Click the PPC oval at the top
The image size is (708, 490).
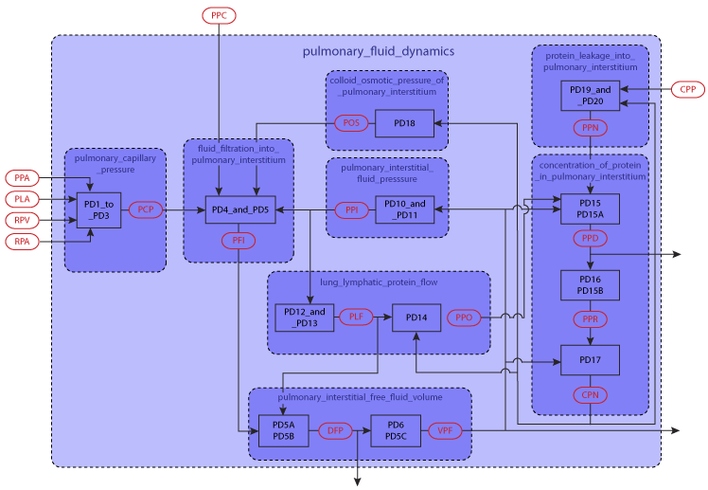pyautogui.click(x=219, y=15)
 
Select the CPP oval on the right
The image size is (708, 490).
pyautogui.click(x=687, y=90)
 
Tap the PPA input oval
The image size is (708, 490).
pyautogui.click(x=22, y=178)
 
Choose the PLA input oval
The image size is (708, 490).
pyautogui.click(x=22, y=199)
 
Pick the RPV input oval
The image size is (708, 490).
pyautogui.click(x=22, y=220)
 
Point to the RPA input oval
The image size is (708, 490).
pyautogui.click(x=22, y=242)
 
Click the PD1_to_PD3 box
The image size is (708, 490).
pyautogui.click(x=99, y=209)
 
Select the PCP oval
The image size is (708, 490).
pyautogui.click(x=146, y=209)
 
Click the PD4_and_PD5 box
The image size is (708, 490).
pyautogui.click(x=240, y=209)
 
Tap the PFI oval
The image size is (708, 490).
pyautogui.click(x=239, y=241)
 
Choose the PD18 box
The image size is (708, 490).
pyautogui.click(x=404, y=123)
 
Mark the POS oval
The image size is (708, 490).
pyautogui.click(x=351, y=123)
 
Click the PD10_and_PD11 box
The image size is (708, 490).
pyautogui.click(x=404, y=209)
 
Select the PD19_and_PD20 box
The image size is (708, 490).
pyautogui.click(x=591, y=96)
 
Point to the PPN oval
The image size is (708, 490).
pyautogui.click(x=591, y=127)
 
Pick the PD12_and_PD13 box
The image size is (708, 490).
pyautogui.click(x=304, y=318)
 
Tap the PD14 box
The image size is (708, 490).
pyautogui.click(x=416, y=318)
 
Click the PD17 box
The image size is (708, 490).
pyautogui.click(x=590, y=360)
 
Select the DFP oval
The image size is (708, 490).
pyautogui.click(x=335, y=431)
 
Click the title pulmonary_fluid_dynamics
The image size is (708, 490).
pyautogui.click(x=379, y=51)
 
